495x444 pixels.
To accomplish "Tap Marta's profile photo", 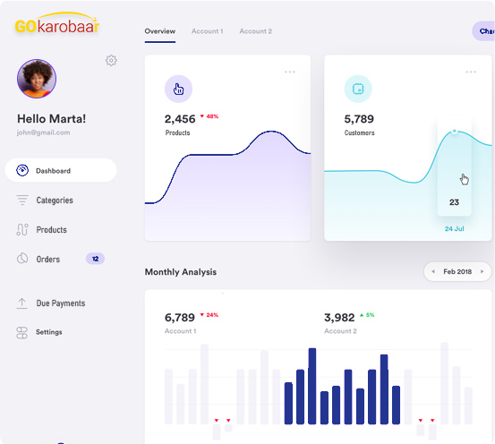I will click(37, 79).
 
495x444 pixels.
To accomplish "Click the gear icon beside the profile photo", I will click(111, 60).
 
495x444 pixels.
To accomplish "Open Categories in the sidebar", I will click(54, 201).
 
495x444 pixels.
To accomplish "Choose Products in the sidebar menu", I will click(51, 230).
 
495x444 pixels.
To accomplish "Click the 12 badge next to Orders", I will click(96, 259).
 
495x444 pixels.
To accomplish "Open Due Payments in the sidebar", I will click(60, 303).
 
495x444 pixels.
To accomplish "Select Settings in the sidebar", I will click(49, 332).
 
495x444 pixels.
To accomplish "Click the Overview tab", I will click(160, 31).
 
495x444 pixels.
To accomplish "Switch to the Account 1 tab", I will click(207, 31).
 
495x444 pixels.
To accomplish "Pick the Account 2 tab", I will click(255, 31).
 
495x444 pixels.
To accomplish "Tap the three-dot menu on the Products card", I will click(289, 72).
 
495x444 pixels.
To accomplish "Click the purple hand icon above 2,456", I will click(178, 89).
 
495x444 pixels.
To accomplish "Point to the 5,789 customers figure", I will click(359, 119).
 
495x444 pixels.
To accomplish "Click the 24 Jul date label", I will click(454, 229).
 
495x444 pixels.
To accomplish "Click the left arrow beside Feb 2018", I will click(433, 271).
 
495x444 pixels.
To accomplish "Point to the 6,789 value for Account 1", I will click(180, 318).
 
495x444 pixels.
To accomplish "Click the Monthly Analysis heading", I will click(181, 272).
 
